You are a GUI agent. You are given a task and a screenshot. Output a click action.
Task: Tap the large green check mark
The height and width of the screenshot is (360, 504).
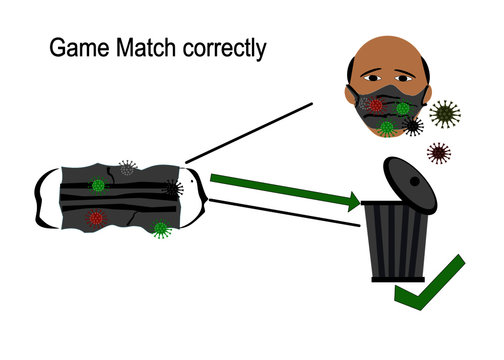[x=430, y=286]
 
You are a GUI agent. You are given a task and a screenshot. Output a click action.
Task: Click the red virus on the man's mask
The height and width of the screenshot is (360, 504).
[x=376, y=105]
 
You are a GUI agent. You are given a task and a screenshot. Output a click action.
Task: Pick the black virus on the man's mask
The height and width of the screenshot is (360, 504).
[x=412, y=125]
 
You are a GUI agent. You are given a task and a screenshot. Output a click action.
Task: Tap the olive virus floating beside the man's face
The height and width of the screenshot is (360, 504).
[x=444, y=112]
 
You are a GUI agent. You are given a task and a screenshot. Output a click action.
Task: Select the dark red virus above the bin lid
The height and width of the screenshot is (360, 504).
[x=438, y=153]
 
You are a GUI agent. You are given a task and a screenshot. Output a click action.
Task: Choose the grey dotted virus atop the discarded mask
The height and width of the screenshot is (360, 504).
[x=127, y=167]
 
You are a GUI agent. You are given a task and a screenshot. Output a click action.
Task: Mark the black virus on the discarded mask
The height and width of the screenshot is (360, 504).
[x=173, y=188]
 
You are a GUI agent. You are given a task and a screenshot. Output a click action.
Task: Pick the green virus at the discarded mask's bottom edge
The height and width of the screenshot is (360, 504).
[x=160, y=229]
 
